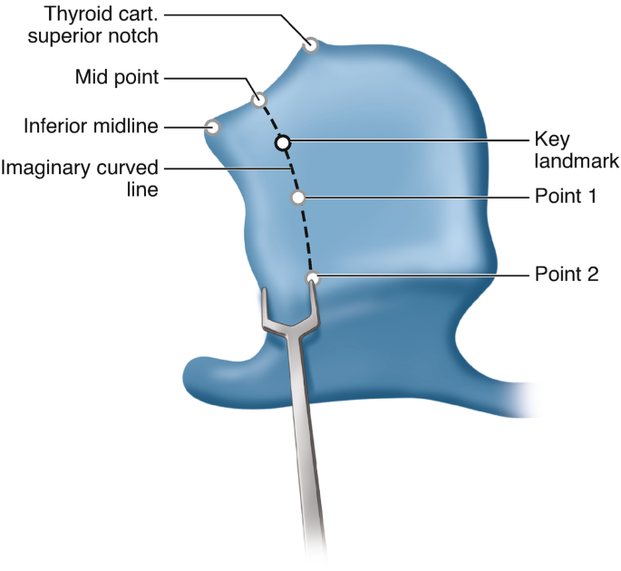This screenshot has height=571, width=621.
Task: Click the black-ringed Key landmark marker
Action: point(283,142)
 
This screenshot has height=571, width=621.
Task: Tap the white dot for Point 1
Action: point(296,198)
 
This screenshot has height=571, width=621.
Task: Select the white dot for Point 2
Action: point(312,278)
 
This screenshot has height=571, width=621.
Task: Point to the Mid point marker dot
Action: point(258,99)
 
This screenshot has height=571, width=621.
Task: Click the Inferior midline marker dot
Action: point(213,127)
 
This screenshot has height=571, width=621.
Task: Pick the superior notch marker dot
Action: point(311,44)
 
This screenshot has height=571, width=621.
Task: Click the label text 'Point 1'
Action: point(565,197)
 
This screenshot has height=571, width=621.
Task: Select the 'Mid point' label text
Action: point(117,78)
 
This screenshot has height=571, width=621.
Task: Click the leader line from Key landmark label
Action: point(408,141)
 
